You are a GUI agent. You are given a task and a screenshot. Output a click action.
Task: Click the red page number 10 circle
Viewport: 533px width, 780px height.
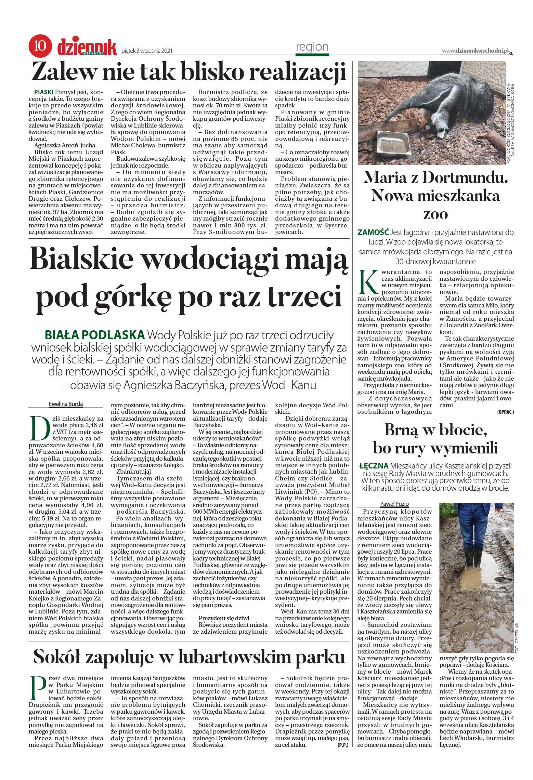coord(40,46)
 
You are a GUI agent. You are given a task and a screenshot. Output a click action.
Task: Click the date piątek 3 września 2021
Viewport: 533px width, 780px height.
coord(147,51)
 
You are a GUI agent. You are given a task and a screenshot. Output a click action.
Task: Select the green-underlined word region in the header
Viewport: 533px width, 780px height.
coord(312,47)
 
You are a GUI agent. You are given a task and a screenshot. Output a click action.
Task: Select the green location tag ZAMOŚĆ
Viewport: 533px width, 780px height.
coord(373,232)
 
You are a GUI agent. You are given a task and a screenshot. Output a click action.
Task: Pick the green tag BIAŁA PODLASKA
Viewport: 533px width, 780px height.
coord(94,334)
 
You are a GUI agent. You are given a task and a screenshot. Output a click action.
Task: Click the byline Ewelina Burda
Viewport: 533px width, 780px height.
coord(66,404)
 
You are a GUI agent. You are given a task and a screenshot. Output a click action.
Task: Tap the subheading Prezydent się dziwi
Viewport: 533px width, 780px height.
coord(224,618)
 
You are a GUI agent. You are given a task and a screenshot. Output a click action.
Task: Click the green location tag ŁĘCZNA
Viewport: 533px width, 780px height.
coord(374,465)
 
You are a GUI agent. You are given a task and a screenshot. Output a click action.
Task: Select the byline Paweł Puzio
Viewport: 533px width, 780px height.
coord(394,503)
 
